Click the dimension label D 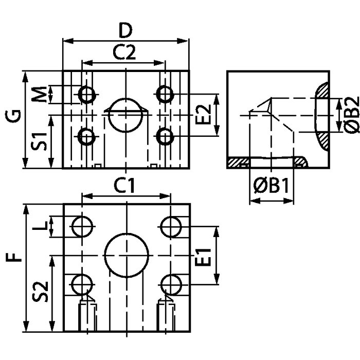coord(125,31)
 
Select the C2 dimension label coord(124,52)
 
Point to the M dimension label coord(39,94)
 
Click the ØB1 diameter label coord(271,186)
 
